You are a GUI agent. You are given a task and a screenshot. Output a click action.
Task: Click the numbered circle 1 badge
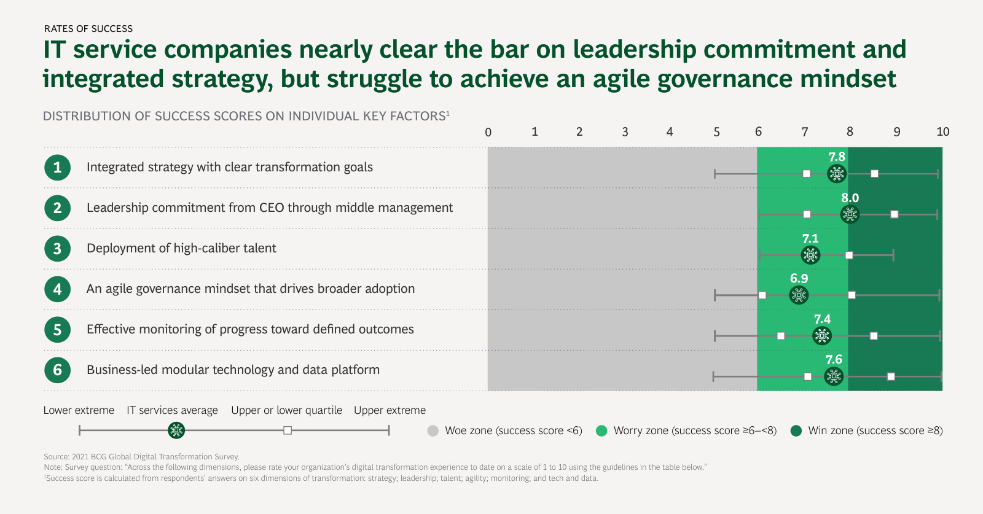pyautogui.click(x=57, y=168)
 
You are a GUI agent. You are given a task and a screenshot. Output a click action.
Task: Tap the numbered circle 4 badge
pyautogui.click(x=57, y=289)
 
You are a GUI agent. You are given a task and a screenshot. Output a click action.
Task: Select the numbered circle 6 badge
pyautogui.click(x=57, y=370)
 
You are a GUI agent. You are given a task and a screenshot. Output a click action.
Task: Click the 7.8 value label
pyautogui.click(x=837, y=157)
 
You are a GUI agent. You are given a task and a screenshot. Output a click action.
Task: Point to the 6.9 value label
pyautogui.click(x=799, y=279)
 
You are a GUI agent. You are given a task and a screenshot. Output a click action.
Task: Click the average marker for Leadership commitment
pyautogui.click(x=850, y=214)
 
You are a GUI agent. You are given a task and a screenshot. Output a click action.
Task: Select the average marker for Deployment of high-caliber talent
pyautogui.click(x=810, y=255)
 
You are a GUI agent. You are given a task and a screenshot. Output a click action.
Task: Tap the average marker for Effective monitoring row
pyautogui.click(x=822, y=336)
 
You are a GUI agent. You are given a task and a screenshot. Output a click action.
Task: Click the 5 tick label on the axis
pyautogui.click(x=716, y=132)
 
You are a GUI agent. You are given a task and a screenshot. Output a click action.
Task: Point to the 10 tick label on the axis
pyautogui.click(x=942, y=132)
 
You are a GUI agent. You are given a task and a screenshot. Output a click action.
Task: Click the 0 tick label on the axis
pyautogui.click(x=488, y=132)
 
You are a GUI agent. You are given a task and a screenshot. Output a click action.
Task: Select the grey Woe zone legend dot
pyautogui.click(x=433, y=431)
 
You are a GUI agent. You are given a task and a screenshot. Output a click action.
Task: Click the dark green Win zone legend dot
pyautogui.click(x=796, y=431)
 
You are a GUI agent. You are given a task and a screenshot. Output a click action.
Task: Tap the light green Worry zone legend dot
pyautogui.click(x=601, y=431)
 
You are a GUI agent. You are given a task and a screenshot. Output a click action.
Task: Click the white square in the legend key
pyautogui.click(x=288, y=430)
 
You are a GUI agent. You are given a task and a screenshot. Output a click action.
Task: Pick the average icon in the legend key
pyautogui.click(x=176, y=430)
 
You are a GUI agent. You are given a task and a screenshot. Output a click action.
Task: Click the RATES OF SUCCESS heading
pyautogui.click(x=88, y=29)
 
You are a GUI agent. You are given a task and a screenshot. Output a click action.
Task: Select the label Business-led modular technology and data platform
pyautogui.click(x=233, y=370)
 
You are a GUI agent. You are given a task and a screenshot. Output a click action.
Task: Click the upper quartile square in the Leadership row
pyautogui.click(x=895, y=214)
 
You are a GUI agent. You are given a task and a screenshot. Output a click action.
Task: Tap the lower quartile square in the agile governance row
pyautogui.click(x=762, y=295)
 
